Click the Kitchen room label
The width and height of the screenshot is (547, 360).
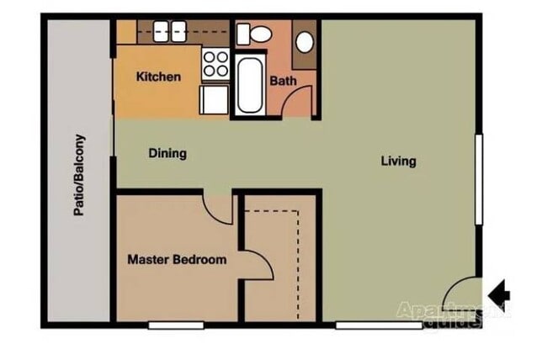[158, 77]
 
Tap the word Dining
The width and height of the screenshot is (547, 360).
[167, 154]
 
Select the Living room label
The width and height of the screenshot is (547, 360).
[398, 161]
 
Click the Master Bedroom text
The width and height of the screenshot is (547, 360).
[177, 260]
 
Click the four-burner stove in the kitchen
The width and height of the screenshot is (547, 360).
[215, 63]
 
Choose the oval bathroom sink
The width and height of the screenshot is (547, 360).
[305, 42]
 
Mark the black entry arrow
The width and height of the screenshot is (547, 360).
[500, 293]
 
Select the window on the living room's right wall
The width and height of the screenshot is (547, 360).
[479, 179]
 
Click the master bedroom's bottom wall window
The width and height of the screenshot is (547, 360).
[176, 325]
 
